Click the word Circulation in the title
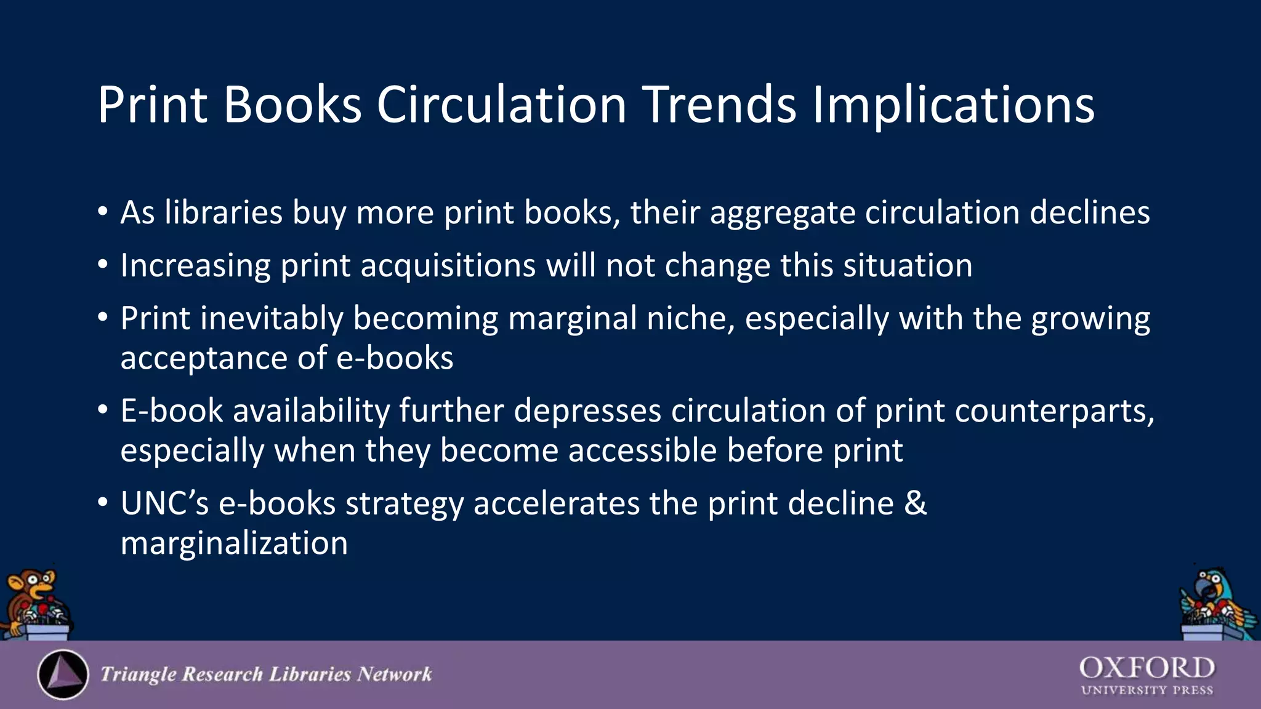click(501, 105)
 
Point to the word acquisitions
click(448, 266)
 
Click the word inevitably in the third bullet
click(272, 319)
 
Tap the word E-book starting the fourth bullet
click(171, 411)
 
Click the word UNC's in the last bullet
click(164, 503)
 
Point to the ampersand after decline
click(916, 503)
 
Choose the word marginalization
click(234, 543)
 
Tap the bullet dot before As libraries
click(103, 213)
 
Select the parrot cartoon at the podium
click(1216, 603)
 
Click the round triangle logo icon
click(63, 675)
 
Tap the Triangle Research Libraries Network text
click(266, 675)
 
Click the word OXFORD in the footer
click(1146, 668)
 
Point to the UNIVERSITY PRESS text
click(1146, 691)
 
